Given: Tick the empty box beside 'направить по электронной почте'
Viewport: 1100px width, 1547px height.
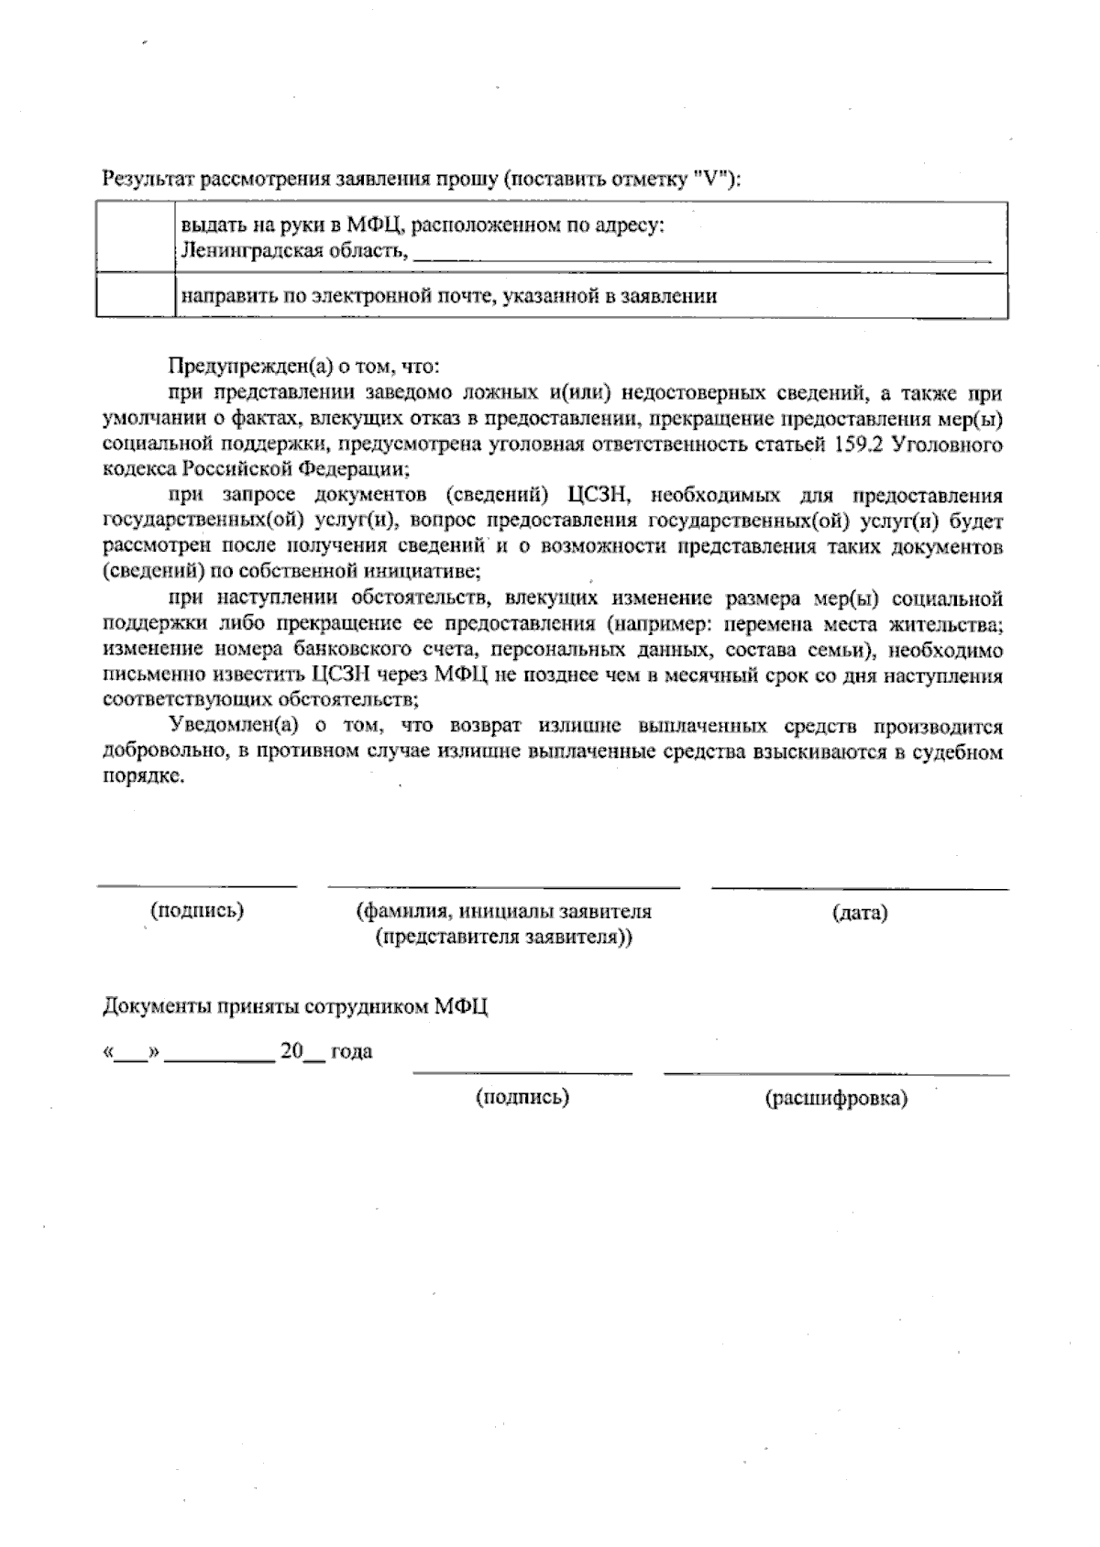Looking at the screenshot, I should coord(136,295).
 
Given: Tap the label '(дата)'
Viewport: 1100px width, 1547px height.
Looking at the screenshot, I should coord(859,913).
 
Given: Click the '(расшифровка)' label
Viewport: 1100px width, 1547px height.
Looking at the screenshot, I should coord(835,1098).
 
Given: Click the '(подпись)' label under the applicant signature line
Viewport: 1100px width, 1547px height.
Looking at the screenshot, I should coord(197,911).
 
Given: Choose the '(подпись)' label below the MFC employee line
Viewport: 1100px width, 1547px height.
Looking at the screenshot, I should coord(522,1097).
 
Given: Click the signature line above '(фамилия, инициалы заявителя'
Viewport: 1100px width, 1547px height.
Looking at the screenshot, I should coord(503,885).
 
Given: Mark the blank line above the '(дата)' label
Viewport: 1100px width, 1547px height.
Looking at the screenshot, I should coord(859,886).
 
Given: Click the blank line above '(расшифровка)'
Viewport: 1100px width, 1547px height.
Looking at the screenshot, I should coord(835,1071).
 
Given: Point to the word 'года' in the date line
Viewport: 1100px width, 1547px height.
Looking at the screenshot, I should coord(351,1051).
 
